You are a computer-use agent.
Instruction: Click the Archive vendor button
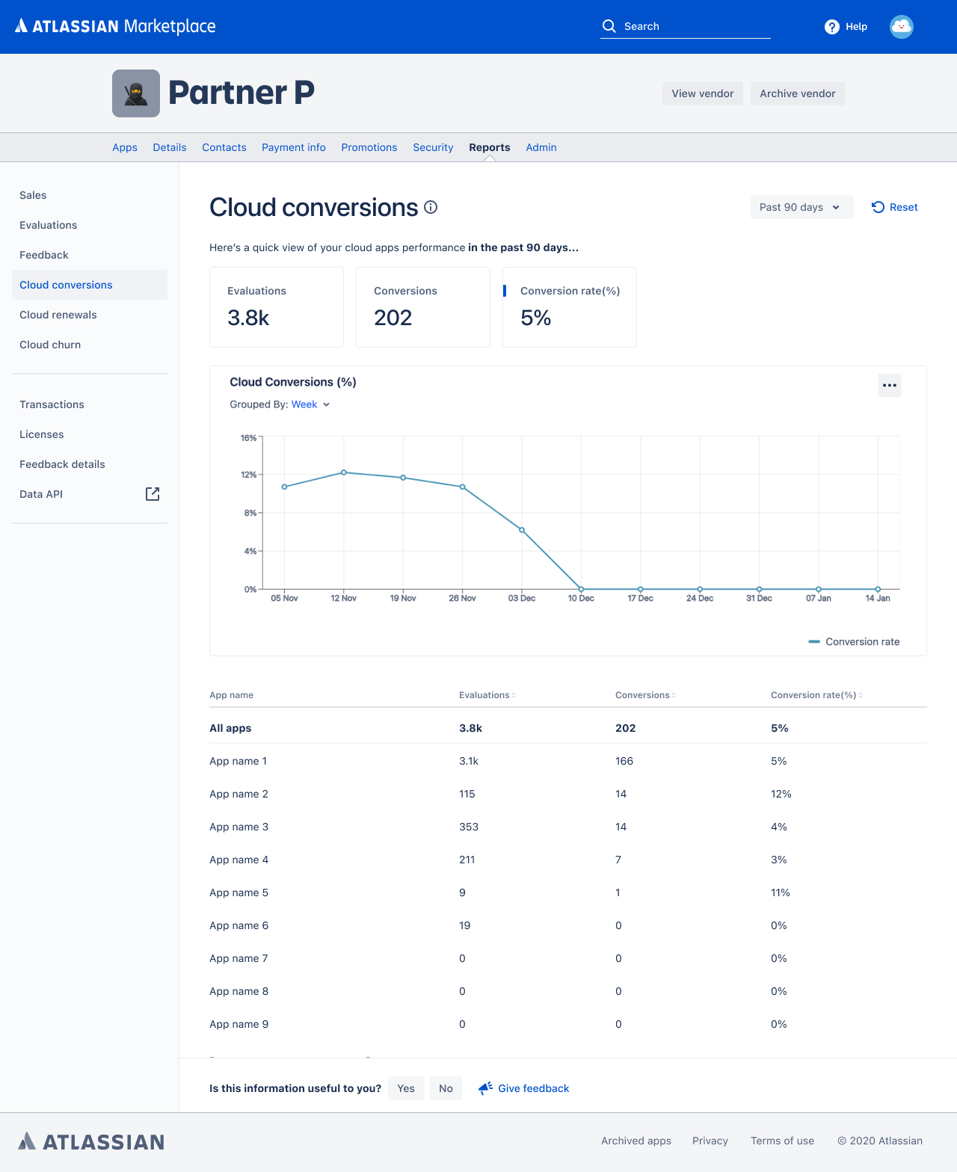797,93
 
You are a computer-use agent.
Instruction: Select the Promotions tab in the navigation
369,147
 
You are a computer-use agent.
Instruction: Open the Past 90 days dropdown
801,207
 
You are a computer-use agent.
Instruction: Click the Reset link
895,207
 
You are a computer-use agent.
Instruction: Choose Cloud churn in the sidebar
50,345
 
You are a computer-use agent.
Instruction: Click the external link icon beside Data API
153,494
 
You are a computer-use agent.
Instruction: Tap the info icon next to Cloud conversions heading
431,207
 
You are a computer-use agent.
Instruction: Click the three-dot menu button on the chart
889,386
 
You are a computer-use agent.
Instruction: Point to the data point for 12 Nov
344,472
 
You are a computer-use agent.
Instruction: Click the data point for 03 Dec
522,530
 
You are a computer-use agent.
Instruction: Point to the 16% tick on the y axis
248,438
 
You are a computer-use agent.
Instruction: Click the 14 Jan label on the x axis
878,598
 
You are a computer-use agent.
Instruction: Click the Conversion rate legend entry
854,641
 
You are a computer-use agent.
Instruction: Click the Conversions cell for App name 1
624,761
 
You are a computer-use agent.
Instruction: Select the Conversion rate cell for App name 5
780,892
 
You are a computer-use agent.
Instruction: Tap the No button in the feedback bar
446,1088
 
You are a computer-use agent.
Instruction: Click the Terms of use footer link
782,1141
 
